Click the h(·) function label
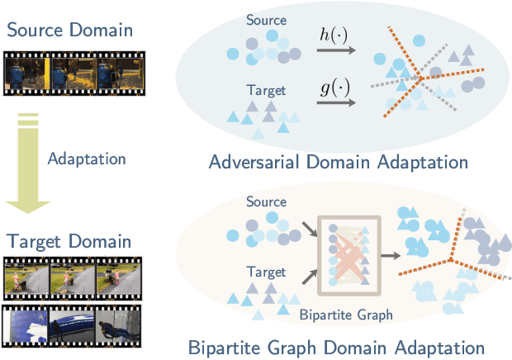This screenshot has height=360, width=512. click(334, 36)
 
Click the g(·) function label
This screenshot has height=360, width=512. click(334, 88)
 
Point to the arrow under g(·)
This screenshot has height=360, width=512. click(333, 103)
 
